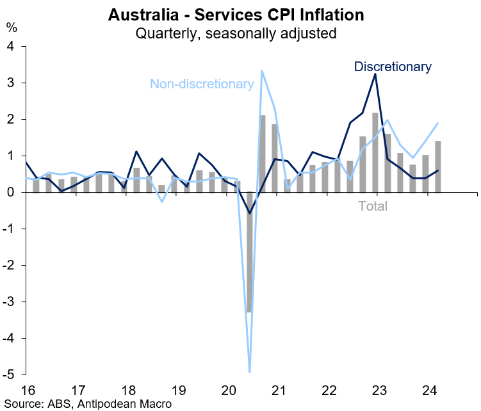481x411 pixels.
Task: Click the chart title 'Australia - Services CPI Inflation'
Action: [x=236, y=14]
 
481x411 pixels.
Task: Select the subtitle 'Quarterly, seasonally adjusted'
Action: [x=236, y=33]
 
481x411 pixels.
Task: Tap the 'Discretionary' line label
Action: [x=393, y=66]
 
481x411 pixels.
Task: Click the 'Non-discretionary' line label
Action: [x=202, y=84]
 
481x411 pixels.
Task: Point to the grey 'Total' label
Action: [x=372, y=206]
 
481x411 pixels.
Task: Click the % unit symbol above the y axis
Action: [x=12, y=28]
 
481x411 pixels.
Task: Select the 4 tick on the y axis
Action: [x=10, y=46]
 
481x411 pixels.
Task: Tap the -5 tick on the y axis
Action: [x=8, y=375]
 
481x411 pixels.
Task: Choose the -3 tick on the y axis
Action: [x=8, y=302]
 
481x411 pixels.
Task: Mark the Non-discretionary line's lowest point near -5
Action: [x=250, y=371]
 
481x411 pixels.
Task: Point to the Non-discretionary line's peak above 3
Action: [x=262, y=71]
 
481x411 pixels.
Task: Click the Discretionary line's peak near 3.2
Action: [x=375, y=74]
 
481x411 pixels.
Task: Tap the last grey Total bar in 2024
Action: [x=437, y=166]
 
